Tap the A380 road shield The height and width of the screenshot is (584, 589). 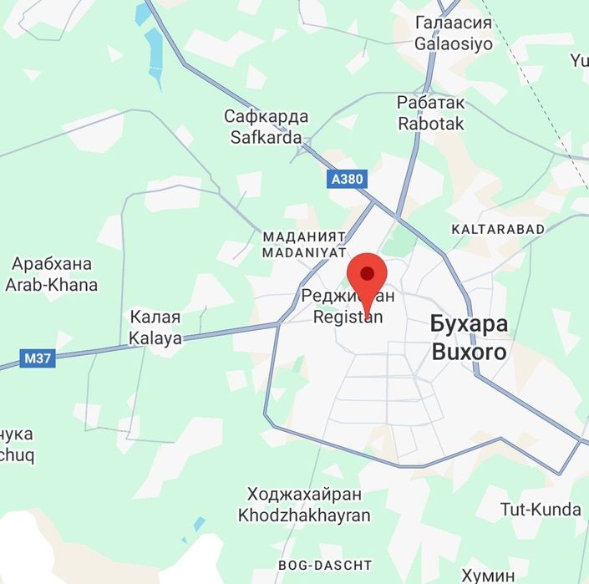point(347,179)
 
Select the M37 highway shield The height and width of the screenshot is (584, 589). point(37,359)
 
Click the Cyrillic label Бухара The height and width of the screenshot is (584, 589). point(470,324)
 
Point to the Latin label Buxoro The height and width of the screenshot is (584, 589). point(469,352)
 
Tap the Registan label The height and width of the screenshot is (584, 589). point(348,317)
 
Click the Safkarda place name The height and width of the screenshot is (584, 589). point(267,137)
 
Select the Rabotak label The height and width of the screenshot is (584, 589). point(431,123)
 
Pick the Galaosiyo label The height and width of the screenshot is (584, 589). point(454,44)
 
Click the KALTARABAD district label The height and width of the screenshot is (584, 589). point(497,228)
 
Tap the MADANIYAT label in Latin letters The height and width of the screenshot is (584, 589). point(304,251)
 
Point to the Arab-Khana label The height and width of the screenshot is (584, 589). point(51,285)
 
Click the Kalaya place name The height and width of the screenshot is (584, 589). point(155,338)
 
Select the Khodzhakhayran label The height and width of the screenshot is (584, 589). point(304,515)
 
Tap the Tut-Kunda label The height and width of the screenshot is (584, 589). point(541,509)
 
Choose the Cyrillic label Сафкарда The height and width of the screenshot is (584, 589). point(267,116)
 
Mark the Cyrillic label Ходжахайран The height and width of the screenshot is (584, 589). point(305,495)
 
